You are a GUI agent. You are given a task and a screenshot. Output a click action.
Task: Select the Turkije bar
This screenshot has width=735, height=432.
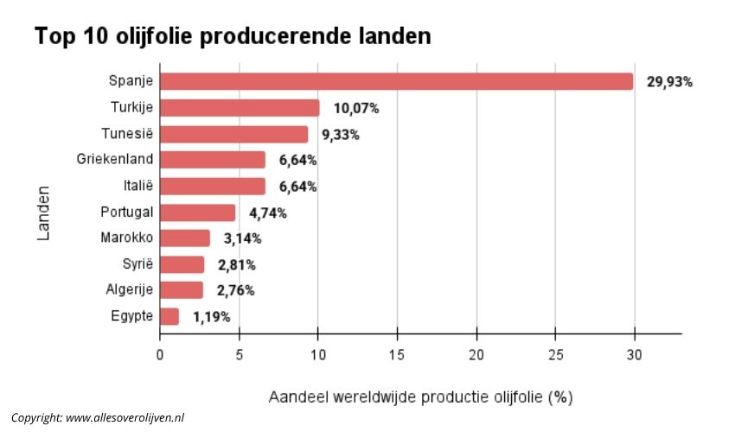tap(240, 108)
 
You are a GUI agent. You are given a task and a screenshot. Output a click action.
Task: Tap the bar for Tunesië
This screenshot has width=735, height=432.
tap(233, 134)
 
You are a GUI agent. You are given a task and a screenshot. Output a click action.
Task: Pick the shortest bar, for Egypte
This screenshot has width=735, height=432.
tap(169, 316)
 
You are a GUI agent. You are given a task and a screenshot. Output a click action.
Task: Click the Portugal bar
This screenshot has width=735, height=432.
tap(197, 213)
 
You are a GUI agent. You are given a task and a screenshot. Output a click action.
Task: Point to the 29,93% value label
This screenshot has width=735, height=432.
tap(669, 82)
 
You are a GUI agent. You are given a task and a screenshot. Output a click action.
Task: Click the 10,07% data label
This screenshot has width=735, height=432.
tap(356, 109)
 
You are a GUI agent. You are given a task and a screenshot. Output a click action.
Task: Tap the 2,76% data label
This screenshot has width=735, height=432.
tap(235, 290)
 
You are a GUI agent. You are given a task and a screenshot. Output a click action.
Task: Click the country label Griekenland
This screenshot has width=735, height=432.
tap(116, 160)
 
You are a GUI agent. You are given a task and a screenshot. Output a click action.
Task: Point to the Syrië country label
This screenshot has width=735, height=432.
tap(138, 264)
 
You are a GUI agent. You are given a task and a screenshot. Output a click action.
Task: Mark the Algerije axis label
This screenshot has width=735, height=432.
tap(130, 290)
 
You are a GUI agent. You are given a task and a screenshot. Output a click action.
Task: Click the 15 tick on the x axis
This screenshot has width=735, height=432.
tap(397, 354)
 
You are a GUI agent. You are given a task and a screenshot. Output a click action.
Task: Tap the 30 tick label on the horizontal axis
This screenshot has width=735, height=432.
tap(635, 354)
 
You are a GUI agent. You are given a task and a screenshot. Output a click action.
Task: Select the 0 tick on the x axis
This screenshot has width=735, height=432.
tap(160, 354)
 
